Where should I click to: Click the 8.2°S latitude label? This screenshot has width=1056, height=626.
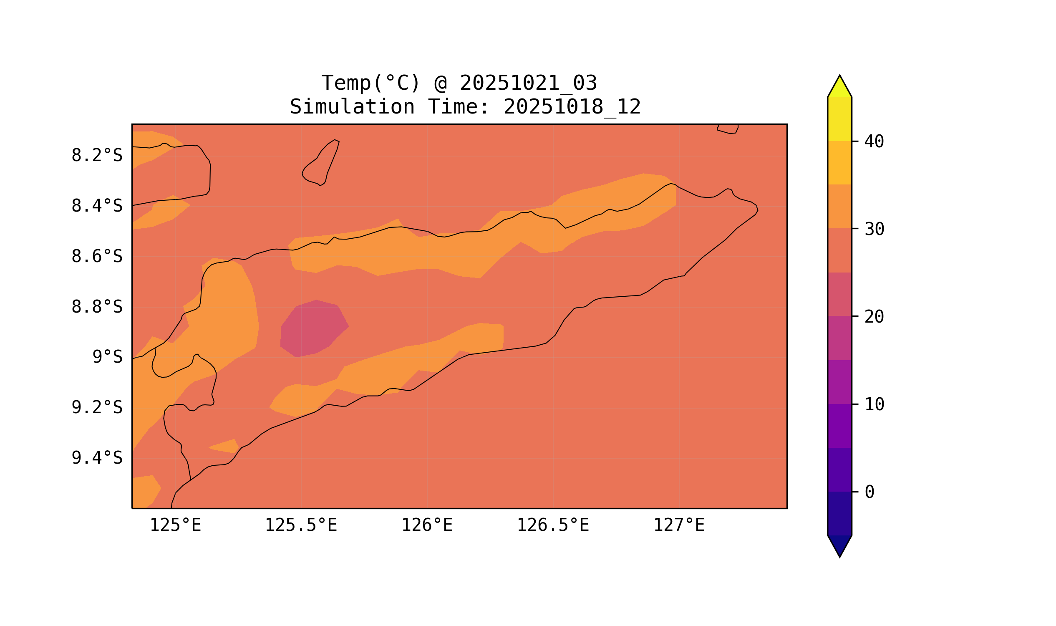(96, 156)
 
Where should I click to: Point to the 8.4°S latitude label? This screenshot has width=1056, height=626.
(96, 206)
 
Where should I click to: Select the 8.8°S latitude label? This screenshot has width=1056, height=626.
(96, 307)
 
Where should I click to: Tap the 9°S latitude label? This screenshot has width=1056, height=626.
(107, 357)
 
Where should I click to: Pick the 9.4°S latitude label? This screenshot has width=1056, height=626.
(96, 458)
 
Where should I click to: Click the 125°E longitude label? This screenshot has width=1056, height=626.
(175, 525)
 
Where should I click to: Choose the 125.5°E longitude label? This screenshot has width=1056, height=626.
(301, 525)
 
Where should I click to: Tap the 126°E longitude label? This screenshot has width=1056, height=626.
(427, 525)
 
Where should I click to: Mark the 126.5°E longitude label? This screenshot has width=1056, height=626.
(552, 525)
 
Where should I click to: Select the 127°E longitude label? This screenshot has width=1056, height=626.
(678, 525)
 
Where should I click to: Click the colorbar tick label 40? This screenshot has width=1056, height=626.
(874, 142)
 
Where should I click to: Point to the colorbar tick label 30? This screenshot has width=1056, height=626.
(874, 229)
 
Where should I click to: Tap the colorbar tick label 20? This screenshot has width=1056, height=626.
(874, 317)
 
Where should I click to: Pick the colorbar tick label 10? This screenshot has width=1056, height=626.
(874, 404)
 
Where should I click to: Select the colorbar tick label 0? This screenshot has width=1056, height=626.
(869, 492)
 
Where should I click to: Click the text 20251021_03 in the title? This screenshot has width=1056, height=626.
(528, 83)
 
